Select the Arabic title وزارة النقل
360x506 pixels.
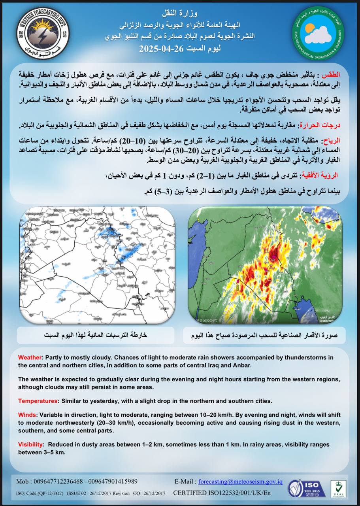pos(180,14)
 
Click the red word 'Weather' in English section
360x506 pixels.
pos(30,357)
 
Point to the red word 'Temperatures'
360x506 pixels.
pos(38,401)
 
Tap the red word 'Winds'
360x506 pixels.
pos(27,415)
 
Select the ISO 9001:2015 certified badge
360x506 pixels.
pos(306,488)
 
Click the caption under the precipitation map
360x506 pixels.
pos(95,335)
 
